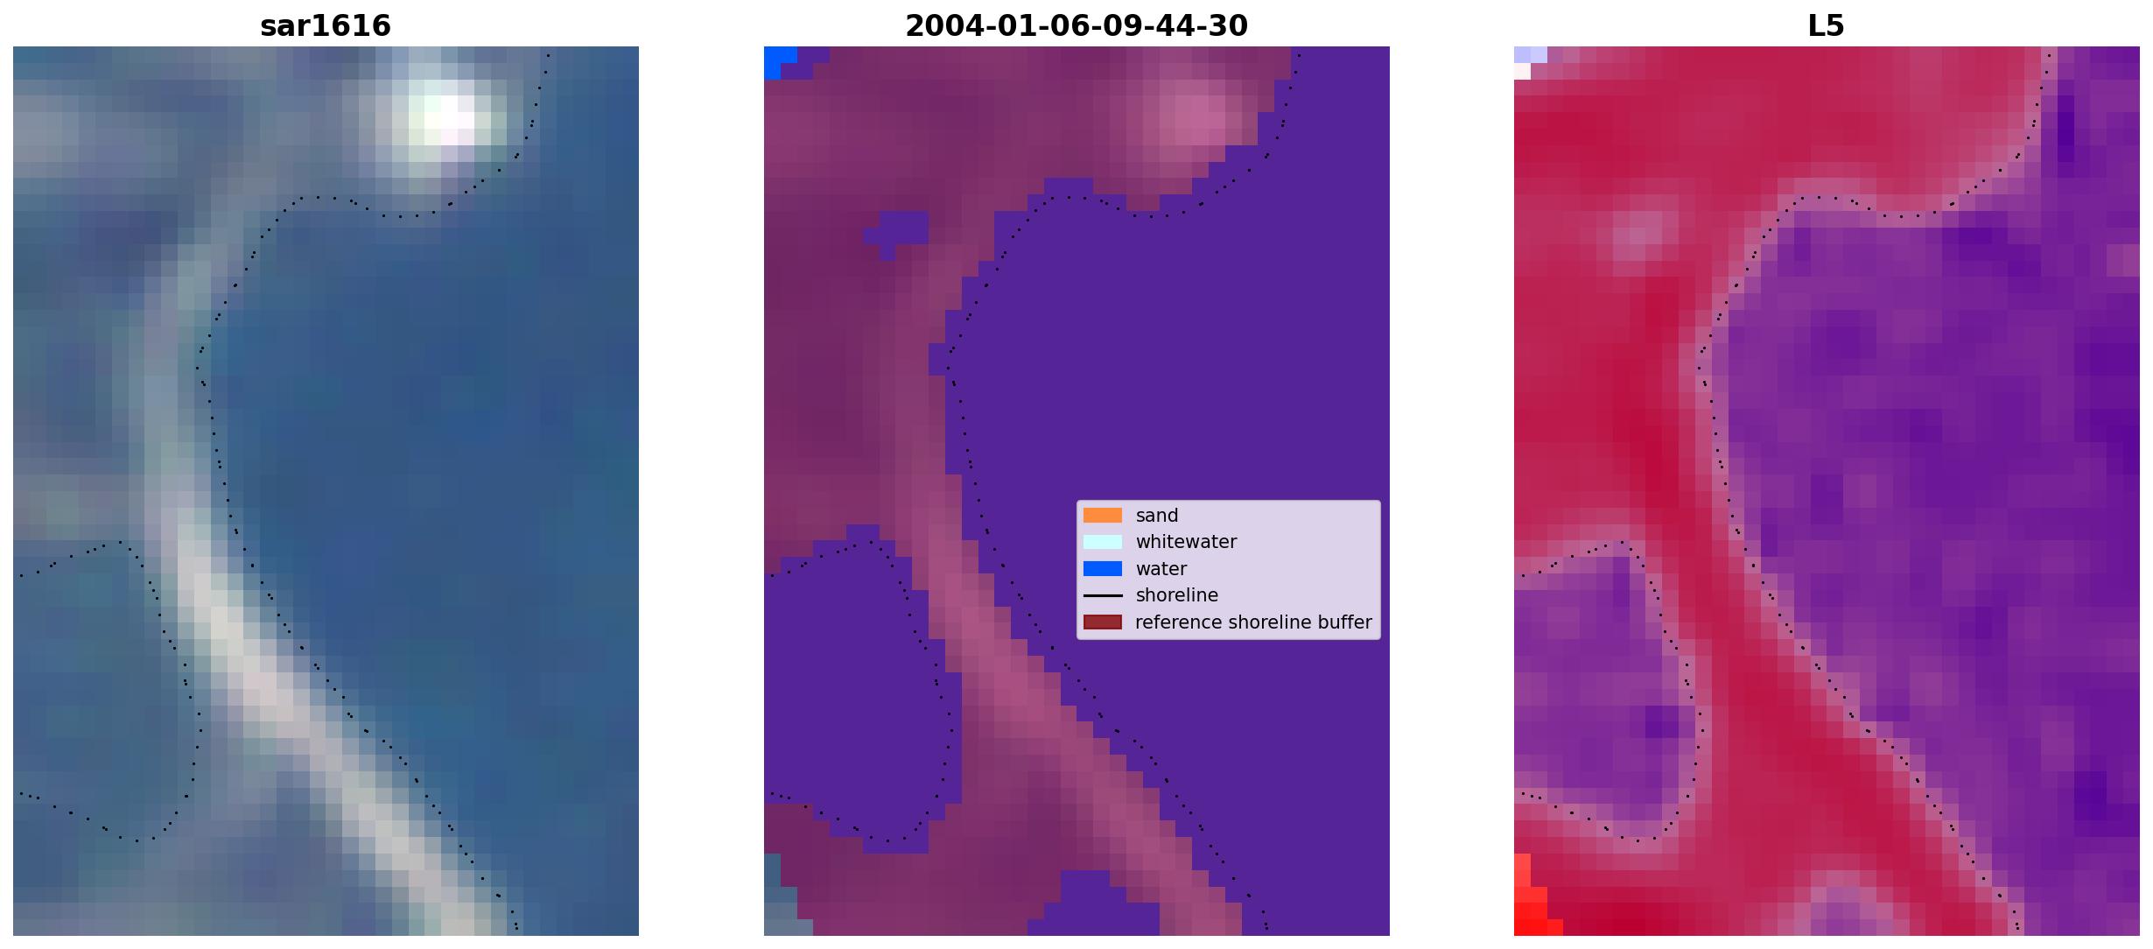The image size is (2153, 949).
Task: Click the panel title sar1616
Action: tap(326, 26)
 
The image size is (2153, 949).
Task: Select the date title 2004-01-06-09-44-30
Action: tap(1076, 26)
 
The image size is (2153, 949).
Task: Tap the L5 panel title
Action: tap(1827, 26)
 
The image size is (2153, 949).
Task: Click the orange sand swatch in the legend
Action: tap(1103, 516)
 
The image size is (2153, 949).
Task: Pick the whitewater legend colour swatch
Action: tap(1103, 542)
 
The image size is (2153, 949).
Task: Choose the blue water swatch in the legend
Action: tap(1103, 569)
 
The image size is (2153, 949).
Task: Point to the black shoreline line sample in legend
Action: tap(1103, 595)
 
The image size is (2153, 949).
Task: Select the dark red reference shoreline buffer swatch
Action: tap(1103, 622)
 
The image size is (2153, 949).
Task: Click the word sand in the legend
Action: tap(1157, 516)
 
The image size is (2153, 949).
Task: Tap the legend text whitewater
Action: tap(1186, 542)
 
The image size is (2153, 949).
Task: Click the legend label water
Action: tap(1161, 569)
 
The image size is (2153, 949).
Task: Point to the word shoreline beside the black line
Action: tap(1177, 595)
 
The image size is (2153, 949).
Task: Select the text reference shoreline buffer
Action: tap(1253, 622)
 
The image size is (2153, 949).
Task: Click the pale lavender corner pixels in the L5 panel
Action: tap(1527, 60)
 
